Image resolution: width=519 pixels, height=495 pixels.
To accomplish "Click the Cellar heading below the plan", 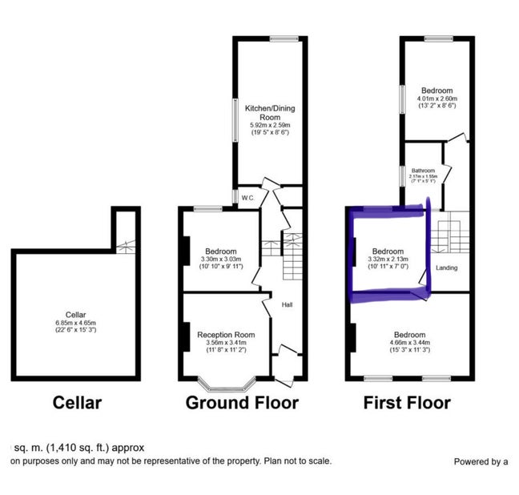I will (78, 403).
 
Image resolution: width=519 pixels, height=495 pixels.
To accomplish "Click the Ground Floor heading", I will (242, 403).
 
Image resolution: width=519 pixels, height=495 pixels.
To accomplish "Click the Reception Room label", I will (227, 334).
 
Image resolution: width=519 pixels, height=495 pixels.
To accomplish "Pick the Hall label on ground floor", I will (287, 304).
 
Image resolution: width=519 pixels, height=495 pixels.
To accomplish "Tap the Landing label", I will (446, 268).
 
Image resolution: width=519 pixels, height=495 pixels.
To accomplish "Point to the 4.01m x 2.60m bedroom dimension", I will (437, 99).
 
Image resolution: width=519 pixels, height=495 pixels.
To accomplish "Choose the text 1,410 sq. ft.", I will (80, 448).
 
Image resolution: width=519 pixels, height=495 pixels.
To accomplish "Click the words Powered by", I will (478, 461).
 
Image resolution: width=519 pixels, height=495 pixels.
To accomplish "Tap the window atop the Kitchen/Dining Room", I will (284, 38).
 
